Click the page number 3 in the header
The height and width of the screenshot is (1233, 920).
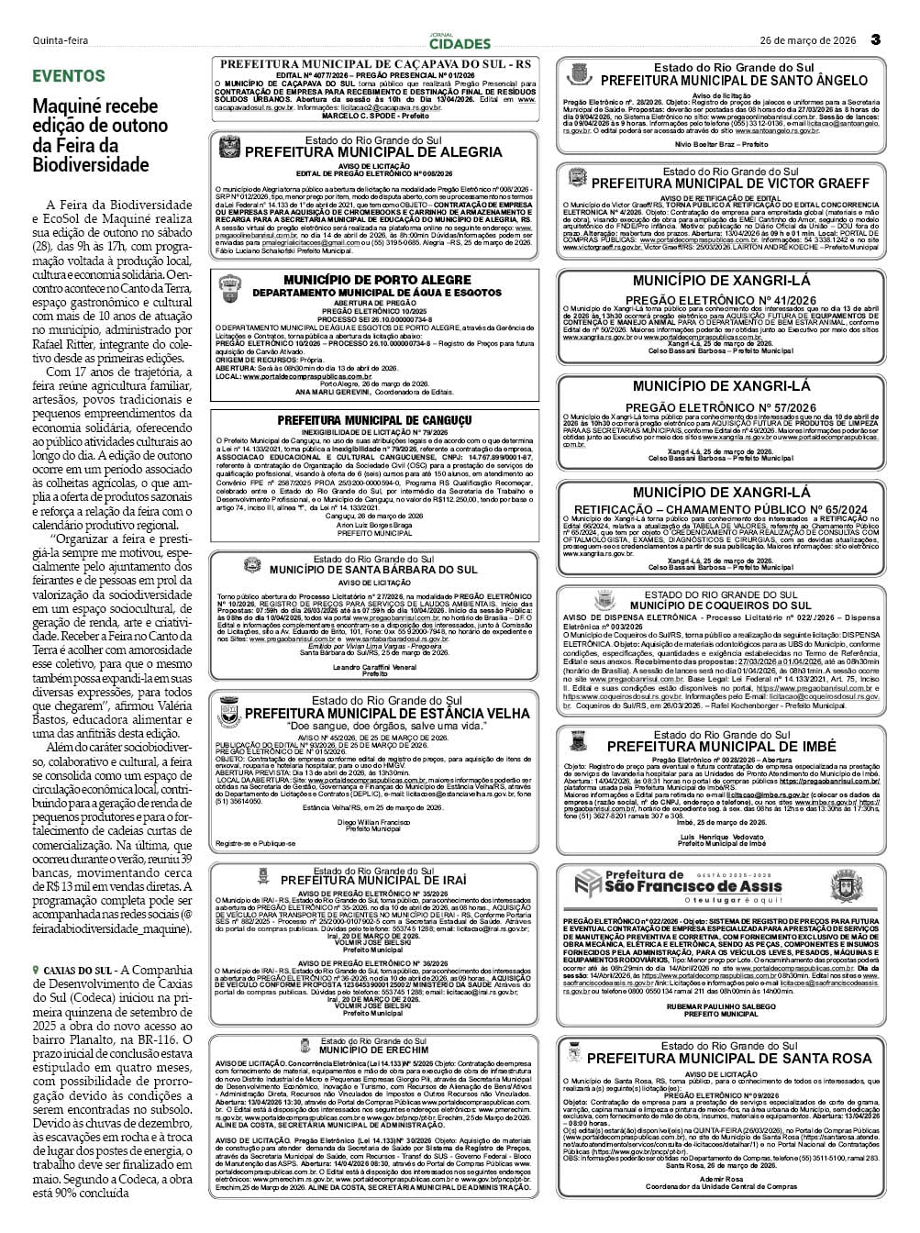point(875,39)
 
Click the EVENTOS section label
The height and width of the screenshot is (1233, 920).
point(69,76)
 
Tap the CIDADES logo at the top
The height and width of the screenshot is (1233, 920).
point(460,42)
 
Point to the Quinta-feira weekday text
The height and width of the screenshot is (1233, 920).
point(61,40)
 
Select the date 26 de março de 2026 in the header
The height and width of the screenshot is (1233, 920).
point(808,40)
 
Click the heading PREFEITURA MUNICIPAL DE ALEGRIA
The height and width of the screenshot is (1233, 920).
point(373,152)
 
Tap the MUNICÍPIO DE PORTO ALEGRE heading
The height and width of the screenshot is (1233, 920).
point(377,280)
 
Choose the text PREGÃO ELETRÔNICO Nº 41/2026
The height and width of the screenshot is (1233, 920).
point(720,299)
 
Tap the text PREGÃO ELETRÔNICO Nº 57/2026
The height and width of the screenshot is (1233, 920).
point(720,406)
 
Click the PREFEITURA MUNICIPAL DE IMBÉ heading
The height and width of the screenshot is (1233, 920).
point(722,747)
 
